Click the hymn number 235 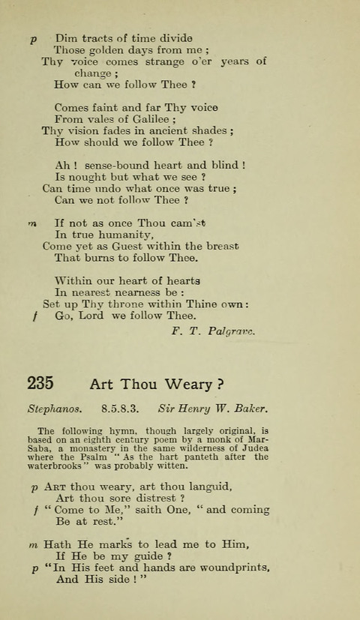coord(40,384)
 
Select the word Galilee coord(148,118)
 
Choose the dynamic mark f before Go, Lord coord(34,316)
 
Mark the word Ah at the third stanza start coord(62,165)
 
